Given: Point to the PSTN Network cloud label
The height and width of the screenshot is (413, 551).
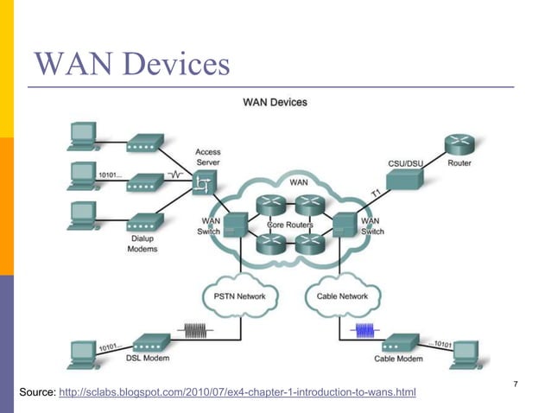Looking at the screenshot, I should click(x=239, y=296).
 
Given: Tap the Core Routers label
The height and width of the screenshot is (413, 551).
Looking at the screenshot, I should click(x=288, y=226).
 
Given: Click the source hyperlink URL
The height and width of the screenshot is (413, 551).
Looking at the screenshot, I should click(x=236, y=394).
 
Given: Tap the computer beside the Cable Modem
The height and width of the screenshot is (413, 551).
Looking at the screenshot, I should click(x=465, y=353).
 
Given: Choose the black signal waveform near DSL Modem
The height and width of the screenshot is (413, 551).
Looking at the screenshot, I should click(x=193, y=329).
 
